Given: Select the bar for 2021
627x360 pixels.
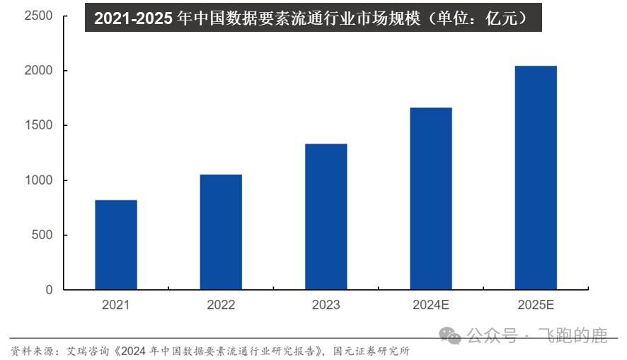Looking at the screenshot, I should click(x=116, y=245).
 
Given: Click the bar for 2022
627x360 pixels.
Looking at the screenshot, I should click(x=221, y=232).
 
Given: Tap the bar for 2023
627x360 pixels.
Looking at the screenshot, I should click(x=326, y=216).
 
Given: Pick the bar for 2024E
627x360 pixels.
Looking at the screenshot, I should click(x=431, y=199).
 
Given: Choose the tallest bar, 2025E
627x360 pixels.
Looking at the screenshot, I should click(x=536, y=178).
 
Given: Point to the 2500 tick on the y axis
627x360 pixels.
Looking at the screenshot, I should click(x=38, y=16).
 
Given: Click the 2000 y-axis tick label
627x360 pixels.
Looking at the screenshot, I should click(x=38, y=71).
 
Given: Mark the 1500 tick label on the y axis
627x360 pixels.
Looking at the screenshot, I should click(x=38, y=126).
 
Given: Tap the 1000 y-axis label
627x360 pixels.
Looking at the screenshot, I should click(x=38, y=180).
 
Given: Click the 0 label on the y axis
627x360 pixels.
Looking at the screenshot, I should click(x=49, y=290).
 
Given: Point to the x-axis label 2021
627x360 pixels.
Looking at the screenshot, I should click(x=116, y=306).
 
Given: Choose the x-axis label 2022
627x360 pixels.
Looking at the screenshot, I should click(x=221, y=306).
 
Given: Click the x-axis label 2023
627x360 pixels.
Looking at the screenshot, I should click(x=326, y=306).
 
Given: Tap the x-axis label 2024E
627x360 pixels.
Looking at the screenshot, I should click(x=431, y=306).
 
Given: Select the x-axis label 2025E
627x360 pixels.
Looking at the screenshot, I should click(x=536, y=306).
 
